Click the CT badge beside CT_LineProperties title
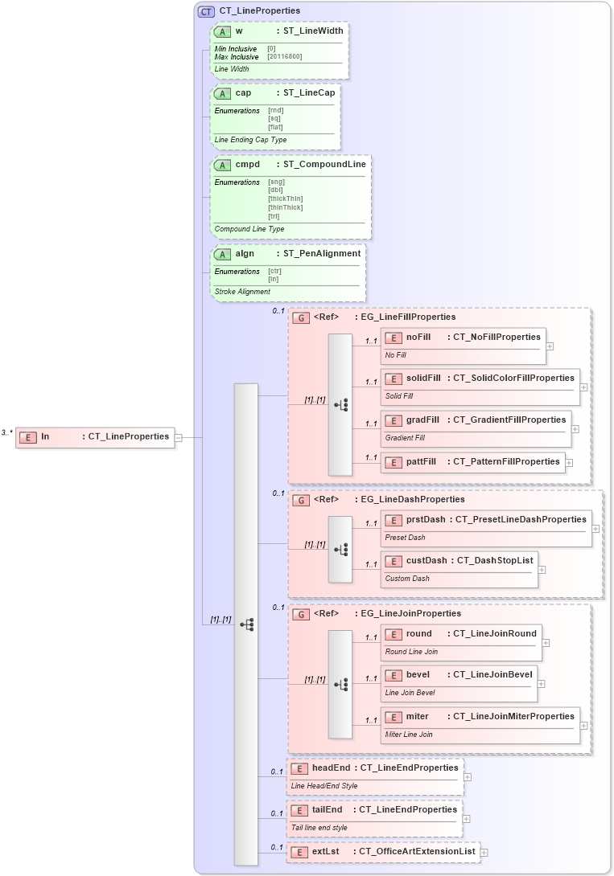tap(206, 11)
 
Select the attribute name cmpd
tap(246, 165)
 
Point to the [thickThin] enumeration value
tap(285, 199)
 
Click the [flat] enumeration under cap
tap(275, 127)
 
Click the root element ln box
tap(95, 437)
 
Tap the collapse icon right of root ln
tap(179, 437)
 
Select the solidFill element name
tap(423, 378)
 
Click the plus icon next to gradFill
tap(575, 429)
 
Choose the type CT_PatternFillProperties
tap(506, 462)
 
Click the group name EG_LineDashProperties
tap(412, 499)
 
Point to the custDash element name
tap(426, 560)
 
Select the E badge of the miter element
tap(394, 717)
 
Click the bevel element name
tap(418, 674)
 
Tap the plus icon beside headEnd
tap(468, 777)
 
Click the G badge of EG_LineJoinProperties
tap(300, 615)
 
